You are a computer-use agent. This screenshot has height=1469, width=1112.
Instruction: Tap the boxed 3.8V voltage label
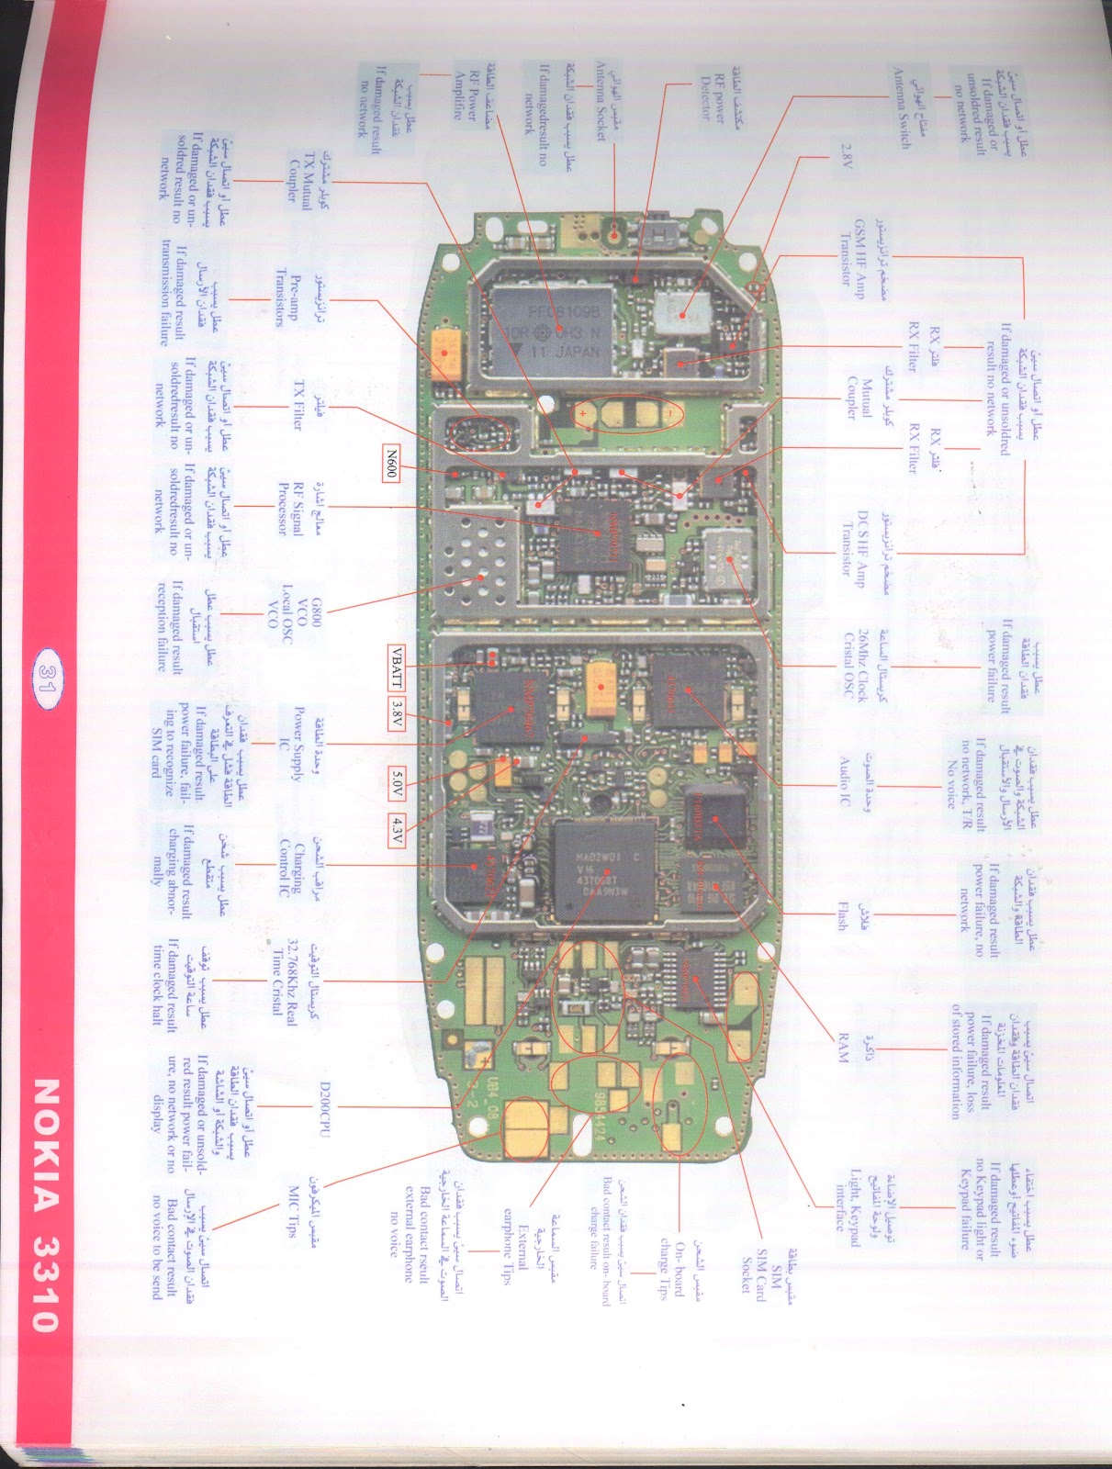point(396,708)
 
